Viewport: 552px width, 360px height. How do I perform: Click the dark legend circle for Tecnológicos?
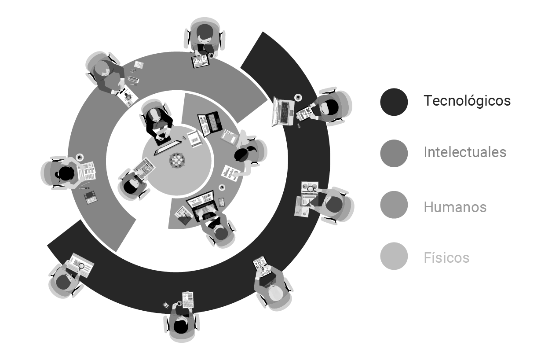[x=394, y=102]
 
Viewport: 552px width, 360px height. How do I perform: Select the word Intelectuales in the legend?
[x=465, y=152]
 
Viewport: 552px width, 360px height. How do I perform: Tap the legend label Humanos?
[x=455, y=207]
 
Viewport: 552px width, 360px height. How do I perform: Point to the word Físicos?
[x=446, y=257]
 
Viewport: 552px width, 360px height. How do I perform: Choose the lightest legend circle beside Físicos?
[x=394, y=256]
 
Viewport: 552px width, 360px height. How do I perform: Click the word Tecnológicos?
[x=467, y=101]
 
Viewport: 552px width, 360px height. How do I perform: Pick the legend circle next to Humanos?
[x=394, y=205]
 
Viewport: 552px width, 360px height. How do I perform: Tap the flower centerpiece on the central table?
[x=177, y=161]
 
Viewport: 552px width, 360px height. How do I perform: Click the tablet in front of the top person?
[x=201, y=61]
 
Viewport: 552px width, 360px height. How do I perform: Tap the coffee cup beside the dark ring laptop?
[x=298, y=97]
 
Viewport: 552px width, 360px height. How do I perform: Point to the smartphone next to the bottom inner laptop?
[x=222, y=202]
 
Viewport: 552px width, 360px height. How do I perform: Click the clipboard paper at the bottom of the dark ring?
[x=188, y=300]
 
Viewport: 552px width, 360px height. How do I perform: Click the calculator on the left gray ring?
[x=91, y=198]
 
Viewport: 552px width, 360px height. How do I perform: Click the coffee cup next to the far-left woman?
[x=80, y=157]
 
